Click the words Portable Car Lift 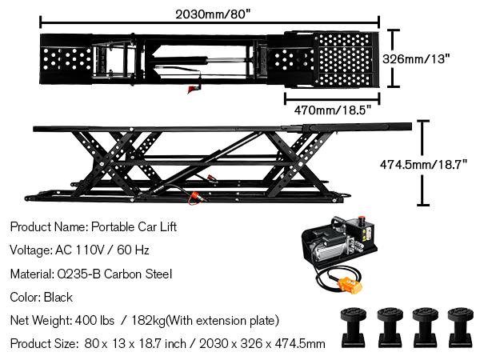(x=134, y=226)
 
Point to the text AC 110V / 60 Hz (x=102, y=250)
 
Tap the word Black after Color (x=58, y=297)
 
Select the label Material (x=33, y=274)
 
